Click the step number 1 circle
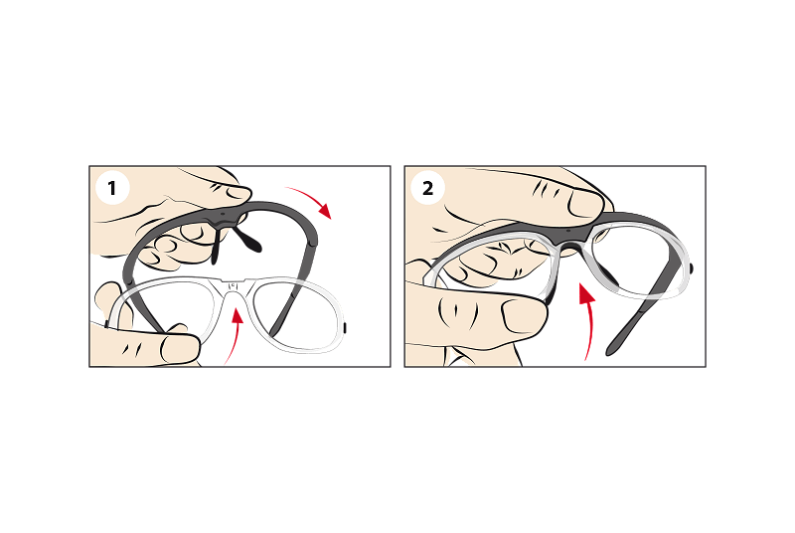[112, 188]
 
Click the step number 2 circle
[428, 188]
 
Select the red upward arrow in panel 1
[235, 336]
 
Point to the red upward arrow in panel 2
[588, 320]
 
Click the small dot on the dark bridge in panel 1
[222, 214]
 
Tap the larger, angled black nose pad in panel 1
[247, 240]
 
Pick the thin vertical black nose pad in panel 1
[216, 247]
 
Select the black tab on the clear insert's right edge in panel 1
[344, 327]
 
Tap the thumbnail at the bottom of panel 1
[180, 349]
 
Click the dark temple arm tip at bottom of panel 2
[613, 346]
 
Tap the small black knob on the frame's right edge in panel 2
[692, 268]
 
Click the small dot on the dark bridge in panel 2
[568, 231]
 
